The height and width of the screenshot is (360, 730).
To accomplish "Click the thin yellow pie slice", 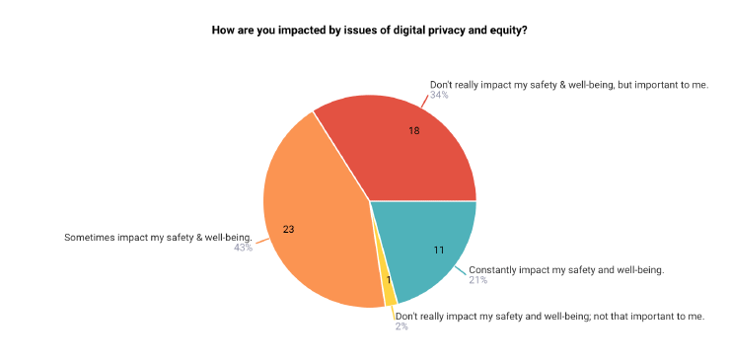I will click(x=390, y=292).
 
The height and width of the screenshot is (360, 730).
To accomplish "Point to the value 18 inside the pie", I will click(x=415, y=130).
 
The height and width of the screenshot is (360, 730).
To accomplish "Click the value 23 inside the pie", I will click(x=288, y=229).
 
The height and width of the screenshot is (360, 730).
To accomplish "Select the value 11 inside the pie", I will click(x=439, y=250).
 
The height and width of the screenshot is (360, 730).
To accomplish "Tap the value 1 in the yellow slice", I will click(x=389, y=280).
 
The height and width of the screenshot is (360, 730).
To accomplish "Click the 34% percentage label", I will click(x=439, y=96).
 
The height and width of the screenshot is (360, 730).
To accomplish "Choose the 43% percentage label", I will click(x=243, y=248).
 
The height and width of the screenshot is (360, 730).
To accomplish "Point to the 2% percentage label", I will click(x=401, y=326).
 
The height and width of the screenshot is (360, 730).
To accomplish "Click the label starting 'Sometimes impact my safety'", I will click(x=158, y=237).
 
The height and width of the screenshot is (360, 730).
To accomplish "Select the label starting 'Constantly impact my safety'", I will click(x=566, y=269).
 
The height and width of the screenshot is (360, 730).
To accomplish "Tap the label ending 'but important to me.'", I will click(x=569, y=84).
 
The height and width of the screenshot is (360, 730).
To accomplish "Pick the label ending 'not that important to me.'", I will click(x=549, y=316).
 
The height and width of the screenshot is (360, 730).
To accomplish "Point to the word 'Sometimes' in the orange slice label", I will click(x=89, y=237).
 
